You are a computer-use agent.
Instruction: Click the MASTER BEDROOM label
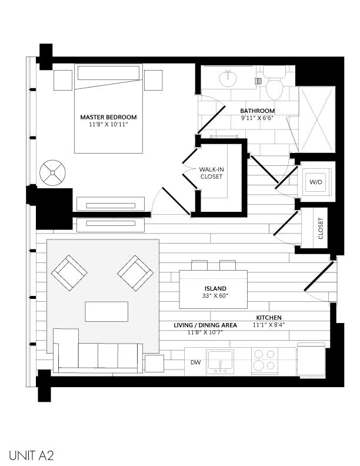pyautogui.click(x=108, y=117)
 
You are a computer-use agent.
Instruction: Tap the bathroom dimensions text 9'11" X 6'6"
pyautogui.click(x=257, y=119)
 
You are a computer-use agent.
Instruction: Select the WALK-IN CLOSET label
pyautogui.click(x=211, y=172)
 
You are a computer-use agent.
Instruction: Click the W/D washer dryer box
pyautogui.click(x=316, y=182)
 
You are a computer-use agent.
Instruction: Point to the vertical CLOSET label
pyautogui.click(x=321, y=228)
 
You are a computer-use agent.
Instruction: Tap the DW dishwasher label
pyautogui.click(x=195, y=363)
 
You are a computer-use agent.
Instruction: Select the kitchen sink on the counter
pyautogui.click(x=222, y=360)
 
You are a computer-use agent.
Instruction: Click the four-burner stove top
pyautogui.click(x=265, y=360)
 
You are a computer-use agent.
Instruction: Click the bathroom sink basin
pyautogui.click(x=226, y=77)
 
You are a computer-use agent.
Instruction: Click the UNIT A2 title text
pyautogui.click(x=32, y=454)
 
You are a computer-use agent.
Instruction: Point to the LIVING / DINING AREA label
pyautogui.click(x=205, y=325)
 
